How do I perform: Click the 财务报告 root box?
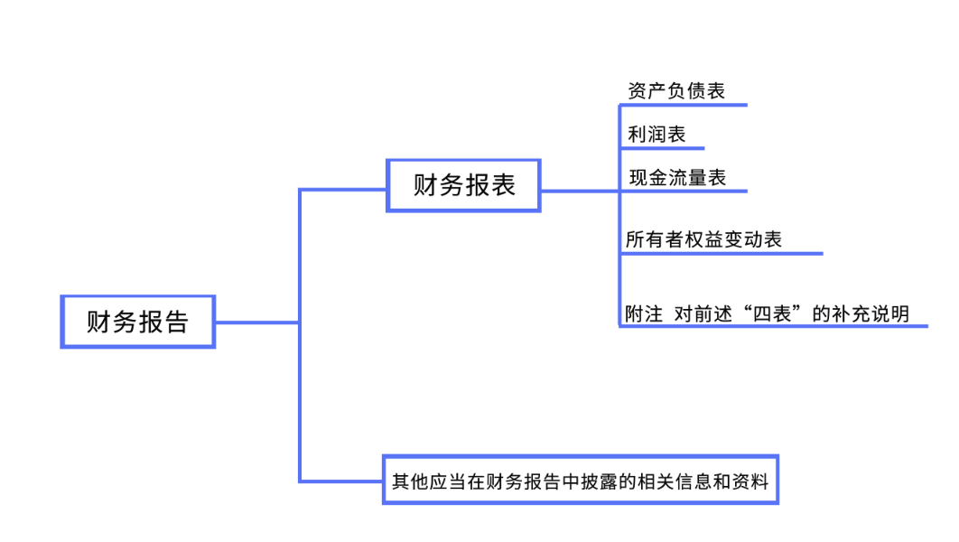pos(137,321)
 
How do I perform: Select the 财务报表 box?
pos(463,185)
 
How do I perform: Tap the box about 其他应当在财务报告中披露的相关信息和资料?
pos(580,480)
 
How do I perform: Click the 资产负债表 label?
pos(676,91)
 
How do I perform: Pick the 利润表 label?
pos(656,135)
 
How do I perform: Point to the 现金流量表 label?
pos(677,178)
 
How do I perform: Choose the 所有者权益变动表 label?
pos(703,239)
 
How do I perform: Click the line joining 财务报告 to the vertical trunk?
pos(256,322)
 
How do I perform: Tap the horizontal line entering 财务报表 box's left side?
pos(343,190)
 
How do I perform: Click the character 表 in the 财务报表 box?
pos(503,185)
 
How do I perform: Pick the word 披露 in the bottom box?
pos(598,481)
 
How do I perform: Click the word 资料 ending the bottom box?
pos(754,481)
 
